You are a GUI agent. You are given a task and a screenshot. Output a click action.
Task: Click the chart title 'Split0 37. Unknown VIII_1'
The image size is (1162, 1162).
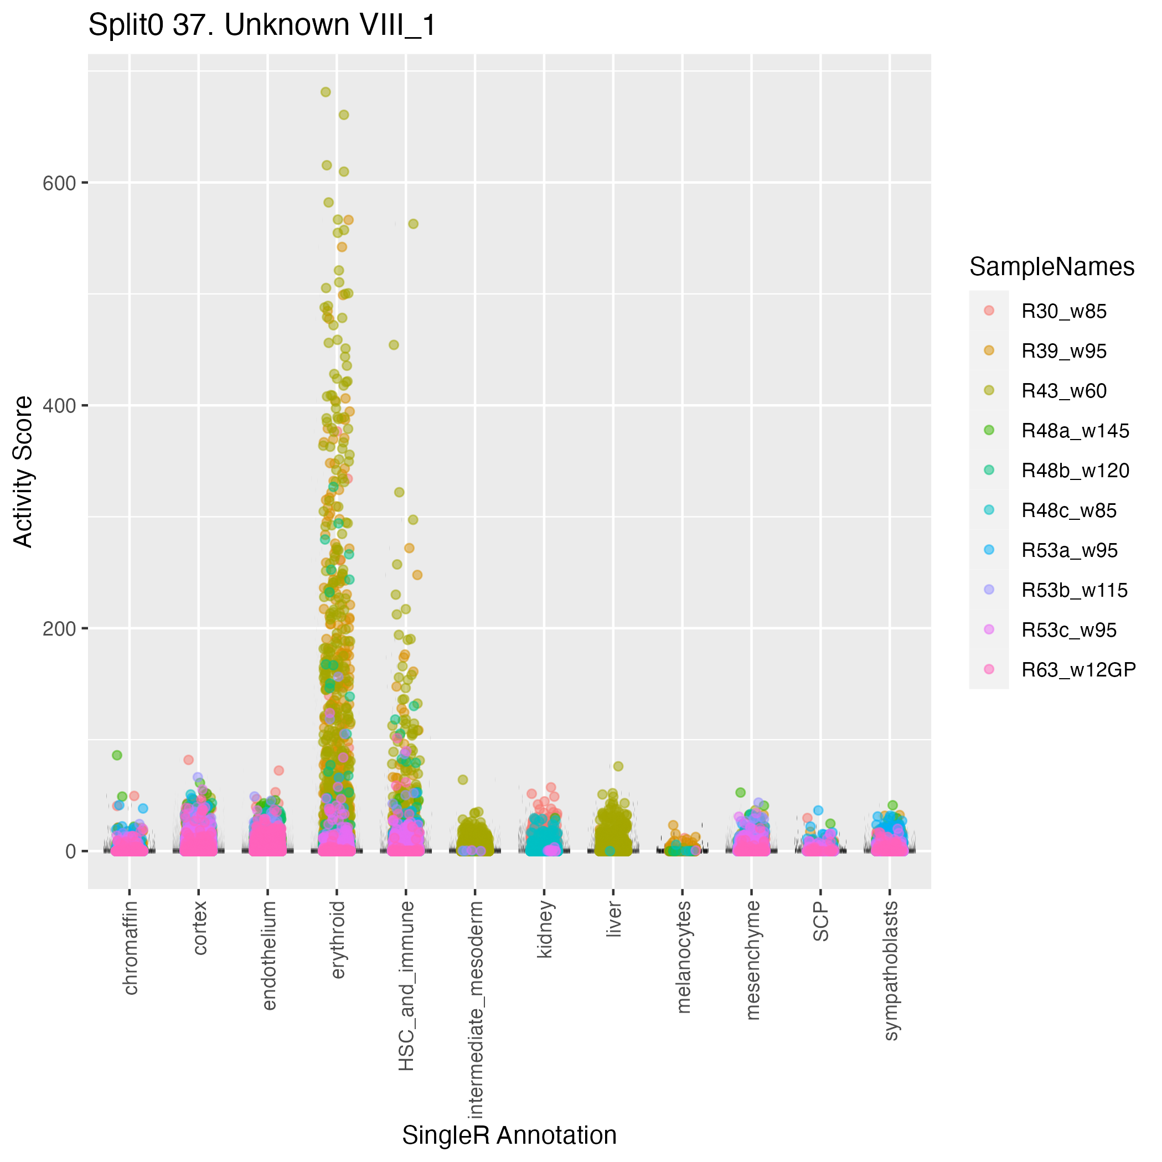tap(262, 26)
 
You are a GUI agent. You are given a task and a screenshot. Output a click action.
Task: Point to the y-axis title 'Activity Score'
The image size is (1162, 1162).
tap(23, 472)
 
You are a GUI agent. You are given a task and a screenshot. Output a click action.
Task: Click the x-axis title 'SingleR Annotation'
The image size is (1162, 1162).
tap(509, 1135)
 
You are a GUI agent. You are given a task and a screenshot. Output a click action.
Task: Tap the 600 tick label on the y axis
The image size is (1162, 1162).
tap(59, 183)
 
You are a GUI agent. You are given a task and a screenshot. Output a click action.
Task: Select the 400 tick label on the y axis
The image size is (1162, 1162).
tap(59, 406)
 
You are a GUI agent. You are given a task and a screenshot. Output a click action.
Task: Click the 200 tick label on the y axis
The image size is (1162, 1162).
tap(59, 629)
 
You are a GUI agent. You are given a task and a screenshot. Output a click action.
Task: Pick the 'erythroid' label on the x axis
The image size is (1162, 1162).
tap(338, 939)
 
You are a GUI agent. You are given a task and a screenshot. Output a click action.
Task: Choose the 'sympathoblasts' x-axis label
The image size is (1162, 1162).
tap(891, 970)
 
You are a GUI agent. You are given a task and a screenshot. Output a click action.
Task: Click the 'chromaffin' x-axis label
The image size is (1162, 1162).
tap(131, 947)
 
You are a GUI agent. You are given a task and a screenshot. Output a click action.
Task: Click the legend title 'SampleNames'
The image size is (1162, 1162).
tap(1052, 267)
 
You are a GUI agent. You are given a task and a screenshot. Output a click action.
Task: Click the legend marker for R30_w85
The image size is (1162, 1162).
tap(989, 311)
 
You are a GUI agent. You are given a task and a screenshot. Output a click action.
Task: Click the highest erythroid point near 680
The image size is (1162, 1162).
tap(326, 92)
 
